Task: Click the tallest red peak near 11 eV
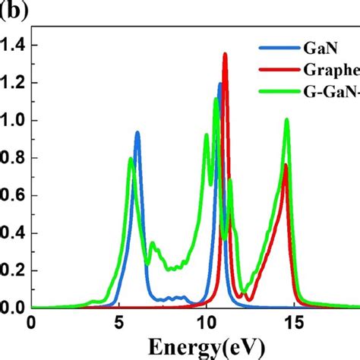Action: (x=225, y=55)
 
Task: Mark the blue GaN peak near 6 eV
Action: (x=137, y=133)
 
